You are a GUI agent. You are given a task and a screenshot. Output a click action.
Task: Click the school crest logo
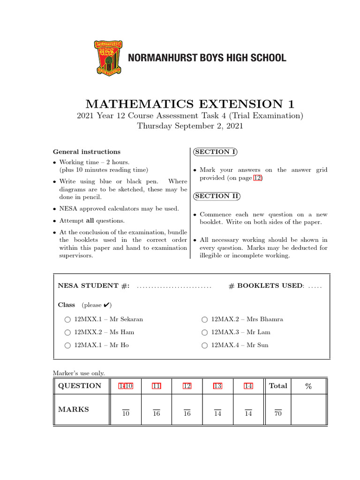[x=110, y=58]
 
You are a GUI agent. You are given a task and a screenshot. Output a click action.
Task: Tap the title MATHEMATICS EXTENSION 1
[x=190, y=104]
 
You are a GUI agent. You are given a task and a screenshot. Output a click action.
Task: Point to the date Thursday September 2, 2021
[x=190, y=126]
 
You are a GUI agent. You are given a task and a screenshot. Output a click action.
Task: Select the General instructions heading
[x=87, y=151]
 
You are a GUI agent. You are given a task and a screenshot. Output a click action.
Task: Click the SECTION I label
[x=215, y=151]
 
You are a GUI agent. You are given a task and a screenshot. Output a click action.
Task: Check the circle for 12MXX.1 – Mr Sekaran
[x=68, y=320]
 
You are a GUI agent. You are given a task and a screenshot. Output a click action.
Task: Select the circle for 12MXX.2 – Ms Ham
[x=68, y=332]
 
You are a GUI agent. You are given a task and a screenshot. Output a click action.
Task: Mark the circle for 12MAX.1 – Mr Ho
[x=68, y=345]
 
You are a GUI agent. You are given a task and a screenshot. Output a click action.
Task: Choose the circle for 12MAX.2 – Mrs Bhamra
[x=204, y=320]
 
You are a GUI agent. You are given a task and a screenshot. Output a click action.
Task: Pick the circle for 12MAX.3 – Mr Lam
[x=204, y=332]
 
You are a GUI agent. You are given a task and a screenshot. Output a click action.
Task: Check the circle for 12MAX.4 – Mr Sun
[x=204, y=345]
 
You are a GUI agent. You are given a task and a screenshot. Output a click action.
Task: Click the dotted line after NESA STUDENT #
[x=174, y=286]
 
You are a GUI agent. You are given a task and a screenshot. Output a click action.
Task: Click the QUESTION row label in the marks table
[x=79, y=386]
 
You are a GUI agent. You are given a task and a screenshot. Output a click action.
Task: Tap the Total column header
[x=278, y=386]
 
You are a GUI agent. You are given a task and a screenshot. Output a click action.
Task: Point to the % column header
[x=308, y=386]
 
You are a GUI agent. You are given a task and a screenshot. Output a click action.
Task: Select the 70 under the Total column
[x=278, y=414]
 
